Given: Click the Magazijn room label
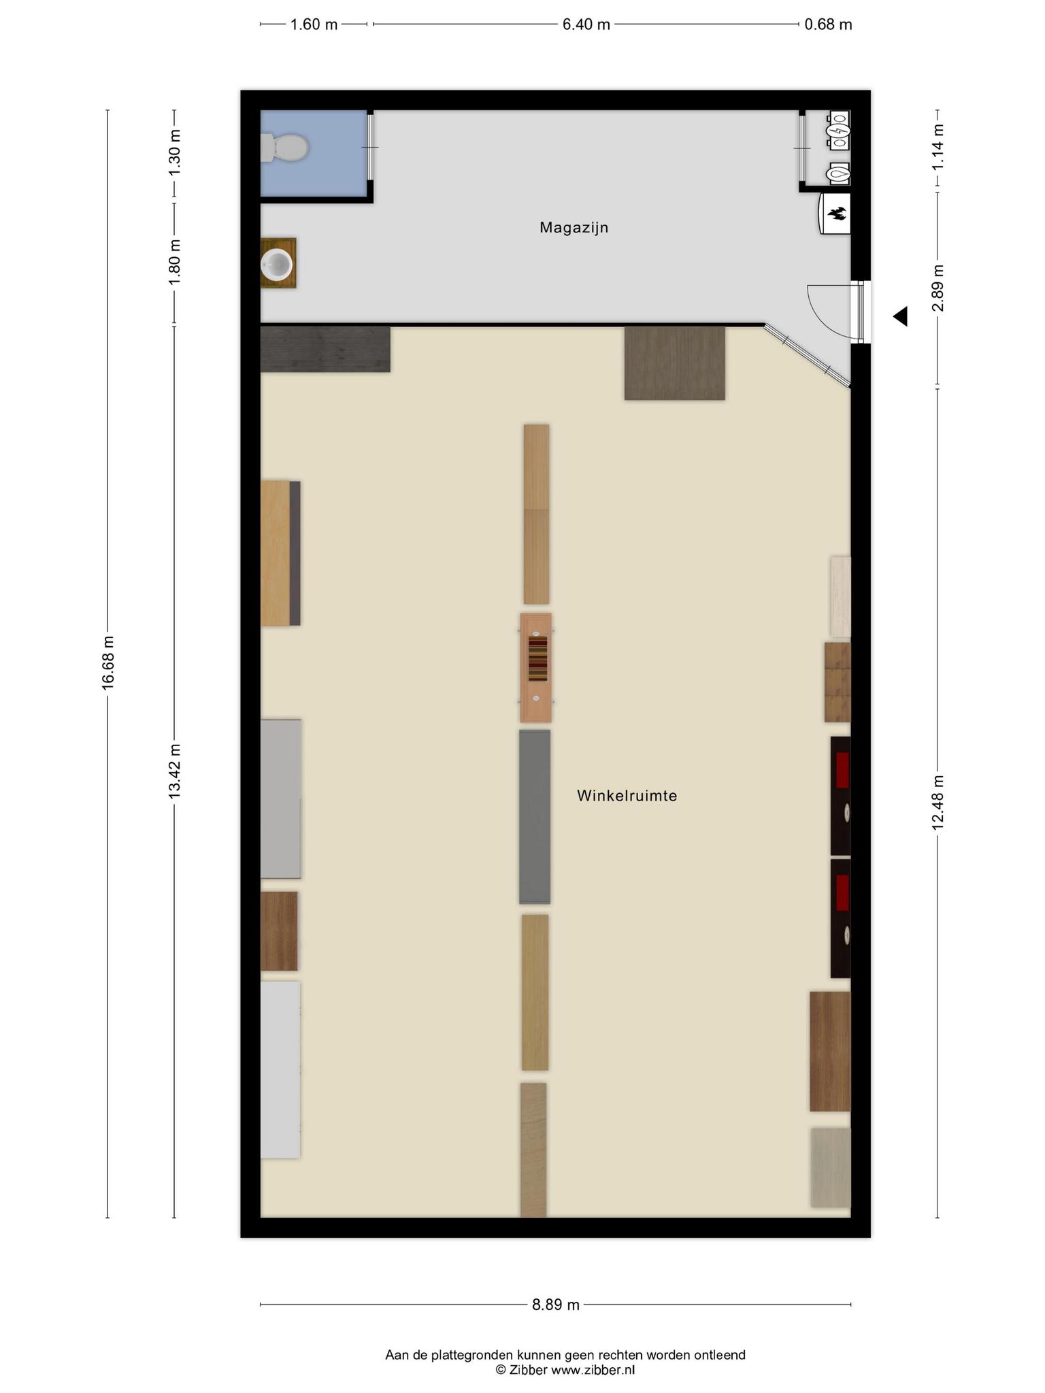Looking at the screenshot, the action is [x=574, y=227].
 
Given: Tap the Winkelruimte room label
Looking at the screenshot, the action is [x=627, y=795].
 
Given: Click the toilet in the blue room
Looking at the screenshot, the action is [x=284, y=148].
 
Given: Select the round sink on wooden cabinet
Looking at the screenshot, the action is [x=278, y=263].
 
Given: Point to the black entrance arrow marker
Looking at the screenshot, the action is [x=900, y=316].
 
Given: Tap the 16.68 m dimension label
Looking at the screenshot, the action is [x=107, y=662].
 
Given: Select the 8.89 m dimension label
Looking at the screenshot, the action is [x=556, y=1305].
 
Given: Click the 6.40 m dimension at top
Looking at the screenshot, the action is [x=586, y=24].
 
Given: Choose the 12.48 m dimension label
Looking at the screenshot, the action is [x=938, y=802].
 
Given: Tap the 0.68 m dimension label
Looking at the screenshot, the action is [x=828, y=24].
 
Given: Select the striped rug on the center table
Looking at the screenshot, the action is [x=537, y=658].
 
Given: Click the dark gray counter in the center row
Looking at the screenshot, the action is [x=535, y=817].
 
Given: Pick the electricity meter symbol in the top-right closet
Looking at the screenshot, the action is [x=837, y=130].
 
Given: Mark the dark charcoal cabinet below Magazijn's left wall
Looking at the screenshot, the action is [x=325, y=350].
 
